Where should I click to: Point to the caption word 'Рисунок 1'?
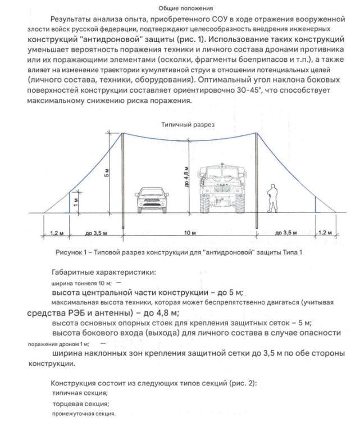pyautogui.click(x=71, y=252)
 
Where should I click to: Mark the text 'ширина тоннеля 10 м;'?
pyautogui.click(x=82, y=283)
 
